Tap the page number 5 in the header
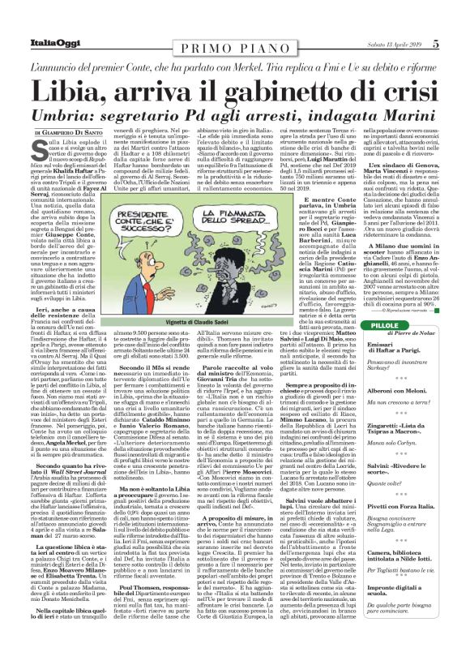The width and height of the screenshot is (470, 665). pyautogui.click(x=458, y=10)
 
